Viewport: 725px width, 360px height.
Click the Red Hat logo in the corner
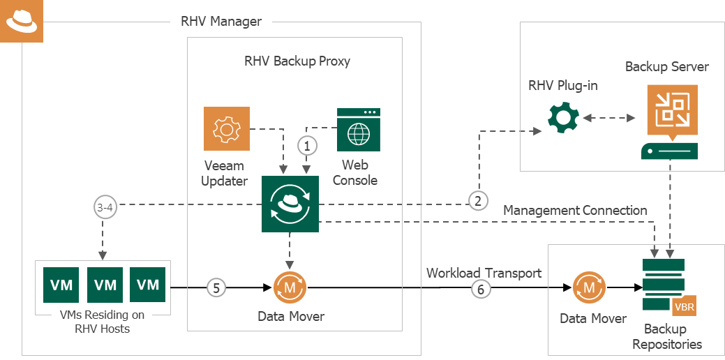22,22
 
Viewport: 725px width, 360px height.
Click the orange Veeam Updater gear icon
226,128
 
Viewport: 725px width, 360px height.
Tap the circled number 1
308,146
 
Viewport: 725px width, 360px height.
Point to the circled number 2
478,202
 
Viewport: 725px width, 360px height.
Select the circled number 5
216,287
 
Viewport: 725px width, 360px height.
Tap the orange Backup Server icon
669,110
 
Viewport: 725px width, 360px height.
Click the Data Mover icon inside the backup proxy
290,287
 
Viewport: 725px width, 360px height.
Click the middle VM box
105,284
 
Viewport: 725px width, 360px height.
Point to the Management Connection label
575,210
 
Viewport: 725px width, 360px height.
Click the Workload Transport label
484,272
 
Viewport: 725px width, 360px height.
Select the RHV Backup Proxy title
297,61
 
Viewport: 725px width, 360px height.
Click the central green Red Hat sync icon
290,204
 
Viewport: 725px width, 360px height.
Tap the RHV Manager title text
221,21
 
